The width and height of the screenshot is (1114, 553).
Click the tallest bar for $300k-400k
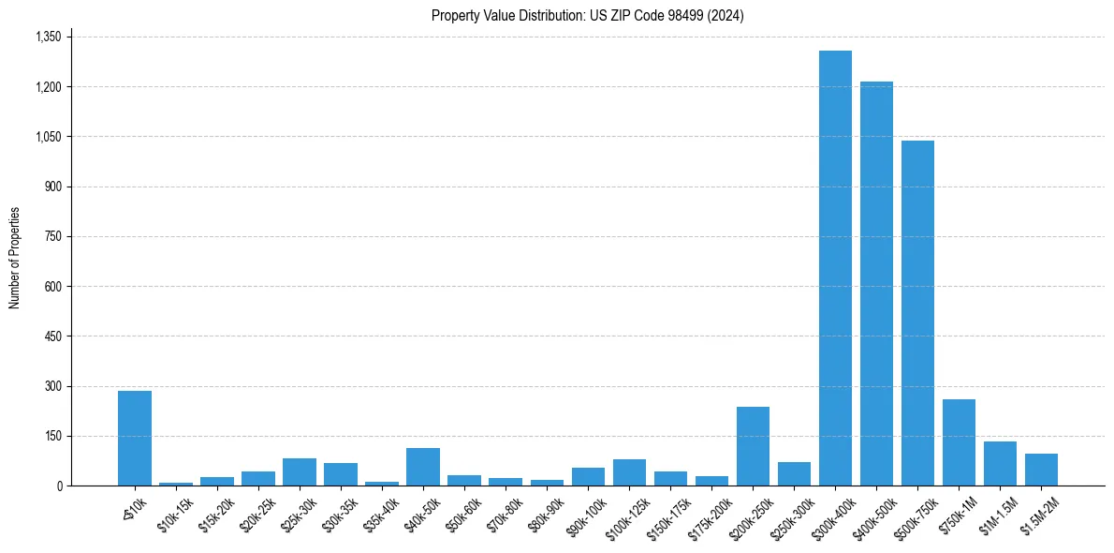click(x=835, y=268)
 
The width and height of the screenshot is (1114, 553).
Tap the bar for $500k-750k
click(x=917, y=313)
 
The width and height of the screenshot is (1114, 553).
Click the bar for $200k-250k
click(x=753, y=446)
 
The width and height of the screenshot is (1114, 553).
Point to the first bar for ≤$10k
click(x=135, y=438)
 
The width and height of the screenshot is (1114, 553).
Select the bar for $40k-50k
click(x=423, y=467)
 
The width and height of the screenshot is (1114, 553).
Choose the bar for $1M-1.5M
click(x=1000, y=464)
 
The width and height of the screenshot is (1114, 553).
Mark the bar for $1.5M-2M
click(x=1041, y=470)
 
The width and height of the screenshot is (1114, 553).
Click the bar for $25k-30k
click(x=300, y=471)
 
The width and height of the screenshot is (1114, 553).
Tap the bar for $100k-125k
click(x=629, y=472)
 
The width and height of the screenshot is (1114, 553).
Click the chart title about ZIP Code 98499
click(x=587, y=15)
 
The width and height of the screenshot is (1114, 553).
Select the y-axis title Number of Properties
click(x=14, y=258)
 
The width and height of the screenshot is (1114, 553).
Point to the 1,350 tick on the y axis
click(x=48, y=37)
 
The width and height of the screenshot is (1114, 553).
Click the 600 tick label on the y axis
click(x=52, y=286)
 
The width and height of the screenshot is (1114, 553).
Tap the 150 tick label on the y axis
click(x=52, y=436)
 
